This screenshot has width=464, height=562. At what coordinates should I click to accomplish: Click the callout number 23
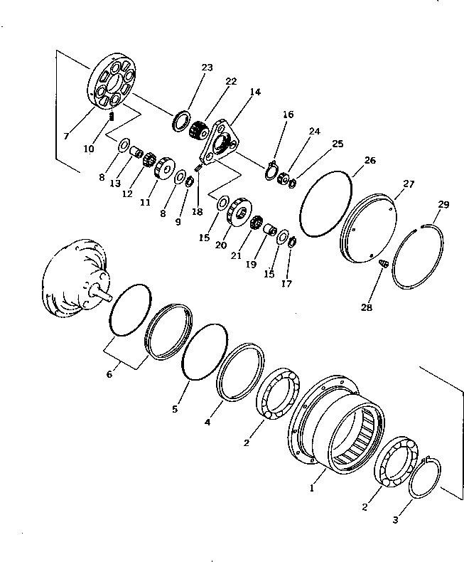click(207, 68)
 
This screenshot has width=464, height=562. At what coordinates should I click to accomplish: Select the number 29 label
click(443, 205)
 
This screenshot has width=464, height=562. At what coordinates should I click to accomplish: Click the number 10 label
click(89, 149)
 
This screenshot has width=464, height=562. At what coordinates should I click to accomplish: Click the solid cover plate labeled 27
click(369, 227)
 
